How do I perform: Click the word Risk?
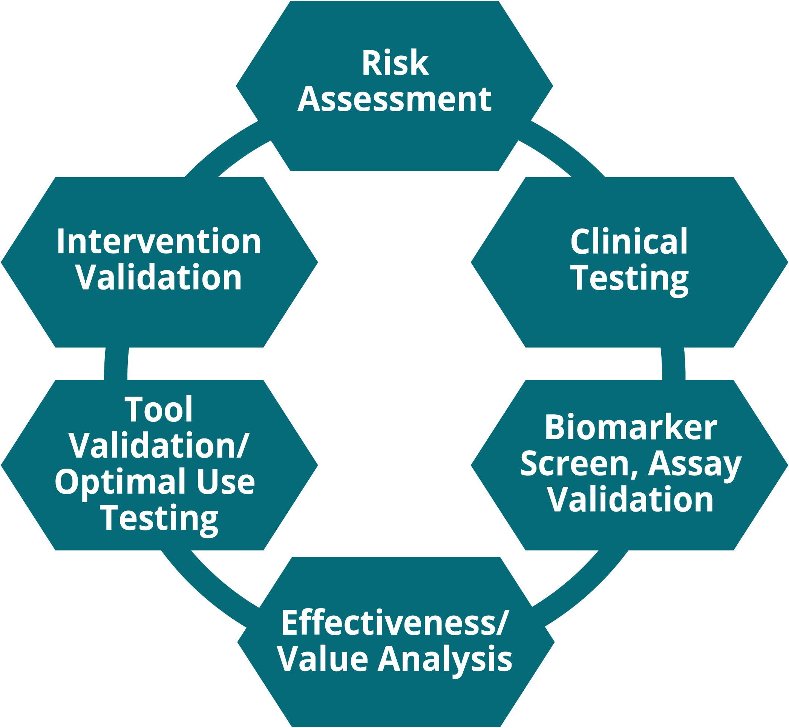point(395,63)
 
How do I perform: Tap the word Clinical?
point(629,242)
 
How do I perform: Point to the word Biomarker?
point(631,428)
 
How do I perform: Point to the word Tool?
point(159,410)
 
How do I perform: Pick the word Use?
point(226,482)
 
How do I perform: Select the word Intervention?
point(159,242)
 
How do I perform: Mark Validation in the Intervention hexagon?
point(159,278)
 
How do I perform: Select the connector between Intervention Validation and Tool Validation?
point(116,363)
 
